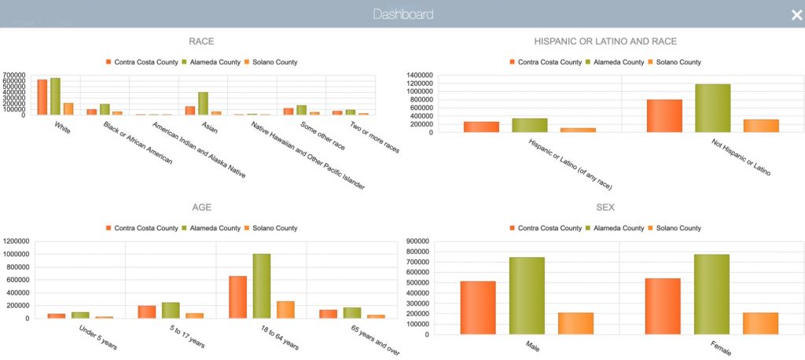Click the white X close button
point(796,14)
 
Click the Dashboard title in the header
point(402,14)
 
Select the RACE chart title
point(201,41)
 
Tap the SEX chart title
point(605,208)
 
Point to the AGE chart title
point(201,208)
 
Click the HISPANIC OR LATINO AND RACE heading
point(605,41)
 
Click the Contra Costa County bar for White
point(42,97)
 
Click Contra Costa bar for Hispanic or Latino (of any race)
point(481,127)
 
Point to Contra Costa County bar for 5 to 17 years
point(147,312)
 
